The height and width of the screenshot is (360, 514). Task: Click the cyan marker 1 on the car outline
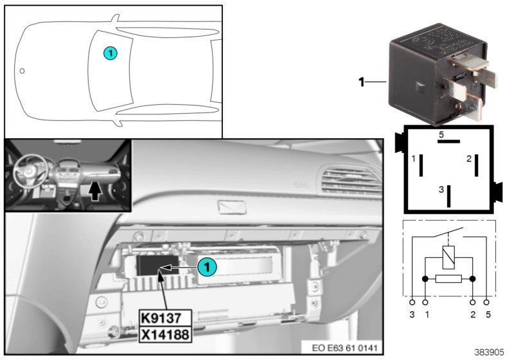(111, 54)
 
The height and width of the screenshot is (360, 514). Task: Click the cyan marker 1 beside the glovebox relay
(206, 265)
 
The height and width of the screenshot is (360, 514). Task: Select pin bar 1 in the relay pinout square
(420, 165)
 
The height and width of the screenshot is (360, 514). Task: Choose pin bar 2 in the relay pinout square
(476, 165)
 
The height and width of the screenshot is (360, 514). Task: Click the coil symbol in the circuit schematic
(448, 258)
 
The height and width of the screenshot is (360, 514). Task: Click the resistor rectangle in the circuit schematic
(448, 279)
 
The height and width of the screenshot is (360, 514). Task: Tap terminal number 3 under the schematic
(412, 314)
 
